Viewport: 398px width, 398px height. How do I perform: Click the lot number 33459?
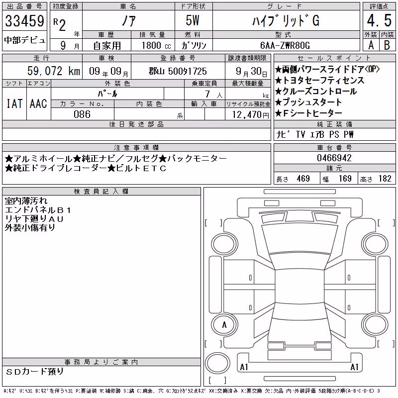(24, 21)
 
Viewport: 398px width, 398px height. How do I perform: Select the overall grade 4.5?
(379, 20)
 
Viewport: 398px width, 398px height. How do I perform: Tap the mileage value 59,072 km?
(54, 71)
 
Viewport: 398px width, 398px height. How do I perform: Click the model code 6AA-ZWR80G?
(285, 45)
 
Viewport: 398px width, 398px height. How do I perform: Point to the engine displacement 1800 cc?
(156, 45)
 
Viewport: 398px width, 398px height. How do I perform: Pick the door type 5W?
(193, 20)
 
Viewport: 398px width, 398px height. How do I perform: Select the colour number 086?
(82, 114)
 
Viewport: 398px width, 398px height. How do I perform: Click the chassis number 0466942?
(334, 158)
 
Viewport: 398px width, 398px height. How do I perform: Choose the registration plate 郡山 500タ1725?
(178, 71)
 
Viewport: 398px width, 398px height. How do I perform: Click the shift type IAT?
(14, 104)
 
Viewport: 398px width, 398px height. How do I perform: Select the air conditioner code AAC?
(38, 104)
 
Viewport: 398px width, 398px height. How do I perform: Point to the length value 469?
(303, 179)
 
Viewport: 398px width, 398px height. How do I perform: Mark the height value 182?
(385, 179)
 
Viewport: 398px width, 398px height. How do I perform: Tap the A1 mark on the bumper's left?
(244, 367)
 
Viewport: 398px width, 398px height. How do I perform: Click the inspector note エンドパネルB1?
(38, 210)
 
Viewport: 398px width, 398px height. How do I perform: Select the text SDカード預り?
(34, 372)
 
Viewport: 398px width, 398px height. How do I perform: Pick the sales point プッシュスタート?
(308, 102)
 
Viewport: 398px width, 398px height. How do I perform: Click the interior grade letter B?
(387, 45)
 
